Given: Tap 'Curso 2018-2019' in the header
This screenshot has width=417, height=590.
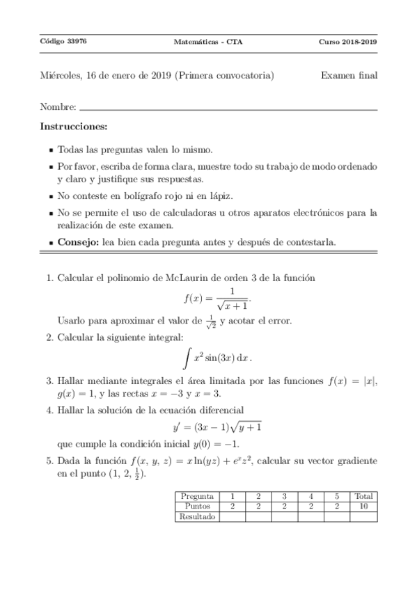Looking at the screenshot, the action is (348, 42).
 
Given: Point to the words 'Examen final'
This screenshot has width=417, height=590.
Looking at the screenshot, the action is (349, 75).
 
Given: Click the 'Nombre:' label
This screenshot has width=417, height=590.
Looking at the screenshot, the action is (58, 108).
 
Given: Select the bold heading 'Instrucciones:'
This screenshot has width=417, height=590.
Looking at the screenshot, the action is (74, 127).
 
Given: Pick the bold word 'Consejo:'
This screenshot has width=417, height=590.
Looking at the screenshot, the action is (79, 242).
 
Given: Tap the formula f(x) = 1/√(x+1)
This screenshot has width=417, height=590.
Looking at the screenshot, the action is (217, 298).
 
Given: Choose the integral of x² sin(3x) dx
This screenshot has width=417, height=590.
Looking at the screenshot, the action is (217, 358).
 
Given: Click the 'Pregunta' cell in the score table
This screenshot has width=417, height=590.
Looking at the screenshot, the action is (197, 496).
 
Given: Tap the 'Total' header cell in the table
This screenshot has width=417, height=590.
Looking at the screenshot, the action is (363, 496).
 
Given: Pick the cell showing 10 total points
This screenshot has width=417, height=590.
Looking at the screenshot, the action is (363, 507).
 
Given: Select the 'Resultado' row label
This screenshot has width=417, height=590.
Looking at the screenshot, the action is (197, 516).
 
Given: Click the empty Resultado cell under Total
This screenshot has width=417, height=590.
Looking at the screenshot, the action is (363, 516).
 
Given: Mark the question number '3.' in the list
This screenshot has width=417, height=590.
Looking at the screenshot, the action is (50, 381).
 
